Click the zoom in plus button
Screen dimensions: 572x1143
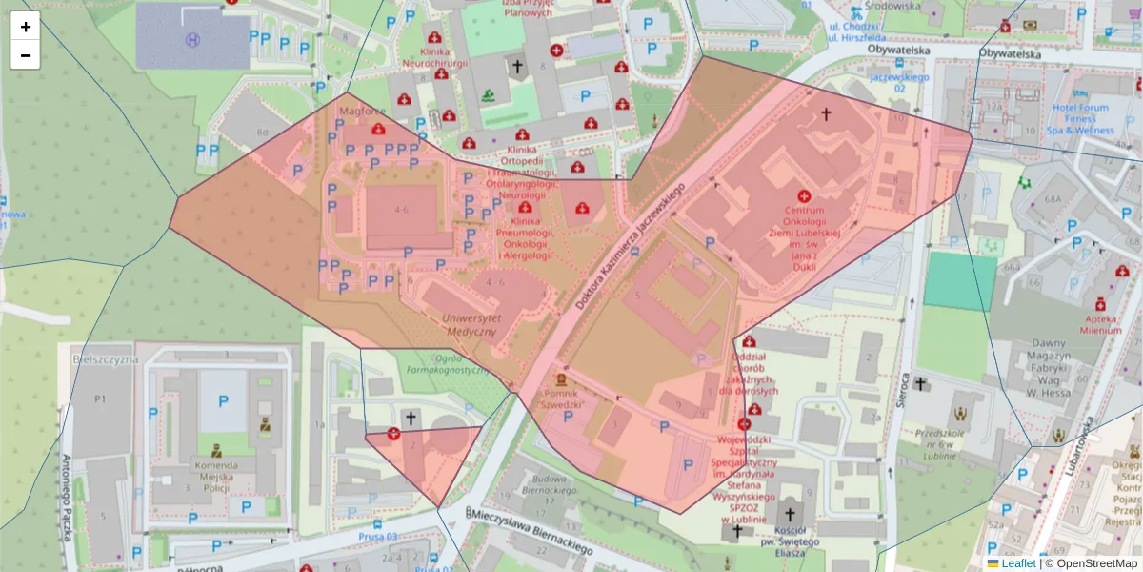coord(26,27)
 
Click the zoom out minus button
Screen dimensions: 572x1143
coord(26,55)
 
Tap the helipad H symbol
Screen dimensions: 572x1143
coord(193,40)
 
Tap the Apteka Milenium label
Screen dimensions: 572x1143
coord(1100,324)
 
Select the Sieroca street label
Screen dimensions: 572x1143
coord(906,382)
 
